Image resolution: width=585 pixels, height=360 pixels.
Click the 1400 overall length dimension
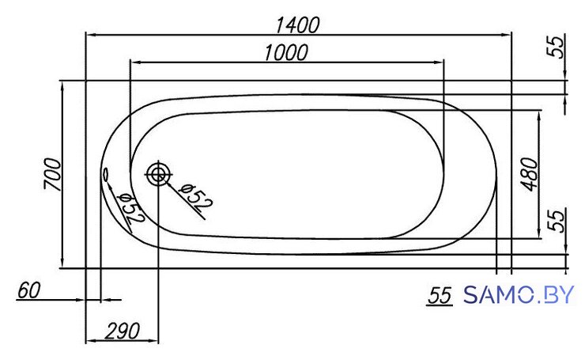(x=298, y=25)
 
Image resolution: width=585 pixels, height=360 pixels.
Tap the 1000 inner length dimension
(x=286, y=53)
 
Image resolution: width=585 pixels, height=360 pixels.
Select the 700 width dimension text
(x=52, y=174)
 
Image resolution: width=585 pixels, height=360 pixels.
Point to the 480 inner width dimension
(x=530, y=174)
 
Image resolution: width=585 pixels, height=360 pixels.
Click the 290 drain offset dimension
(x=122, y=331)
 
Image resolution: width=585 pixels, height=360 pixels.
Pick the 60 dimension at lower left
(x=28, y=290)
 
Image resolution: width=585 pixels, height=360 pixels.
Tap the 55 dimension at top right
(x=556, y=47)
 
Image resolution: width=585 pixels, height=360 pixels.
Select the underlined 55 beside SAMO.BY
(x=440, y=295)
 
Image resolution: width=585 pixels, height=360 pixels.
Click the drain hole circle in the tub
(x=158, y=174)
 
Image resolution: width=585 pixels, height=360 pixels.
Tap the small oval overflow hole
(x=106, y=174)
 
